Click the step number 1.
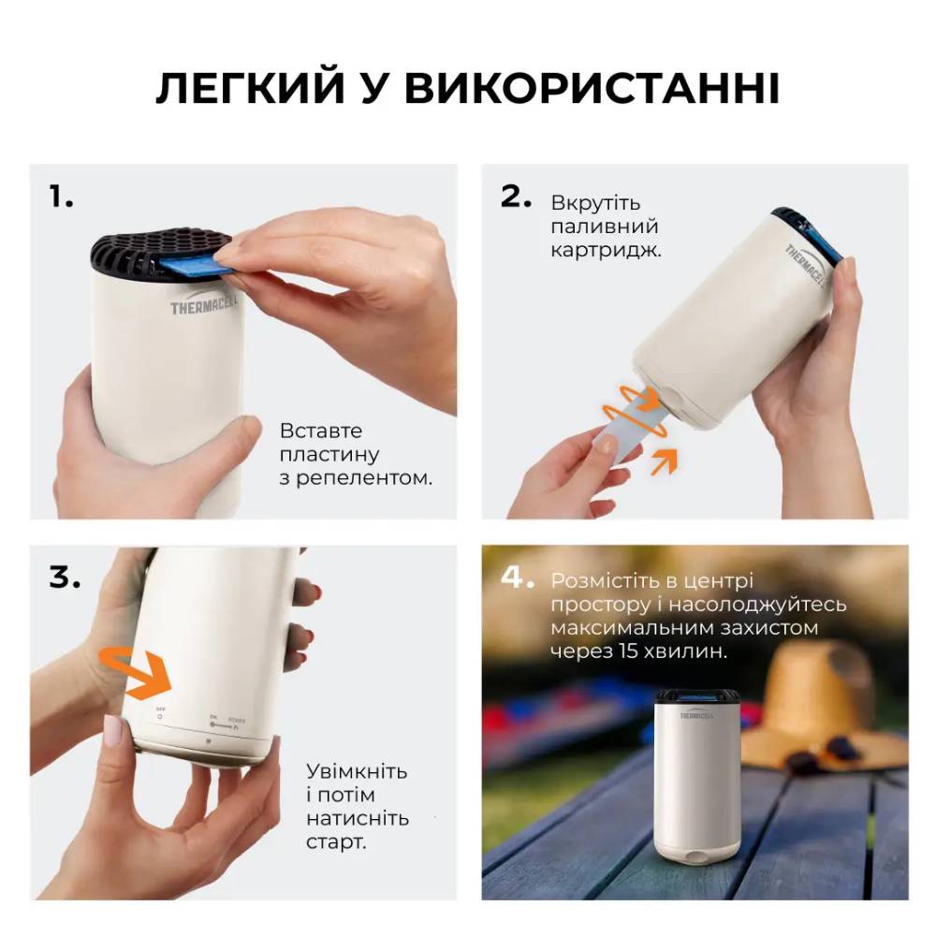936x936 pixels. point(61,197)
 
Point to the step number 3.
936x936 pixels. point(65,578)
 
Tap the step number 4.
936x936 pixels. point(518,578)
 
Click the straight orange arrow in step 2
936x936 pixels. point(664,461)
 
